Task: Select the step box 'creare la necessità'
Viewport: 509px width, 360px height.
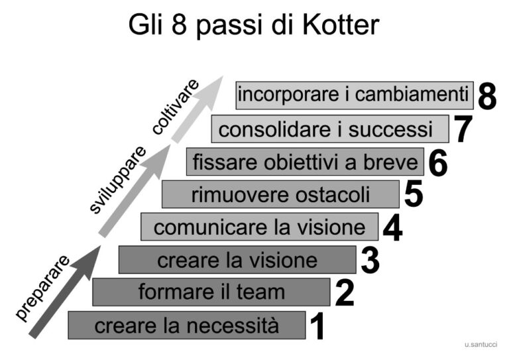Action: click(x=187, y=326)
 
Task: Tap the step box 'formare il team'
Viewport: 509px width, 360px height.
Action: click(x=211, y=292)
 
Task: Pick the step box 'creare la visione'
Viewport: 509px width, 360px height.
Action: click(x=237, y=259)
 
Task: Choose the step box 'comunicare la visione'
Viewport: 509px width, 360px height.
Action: click(x=259, y=227)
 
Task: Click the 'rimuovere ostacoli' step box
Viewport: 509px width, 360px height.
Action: click(x=280, y=194)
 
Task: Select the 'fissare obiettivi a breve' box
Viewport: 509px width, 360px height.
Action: click(x=305, y=162)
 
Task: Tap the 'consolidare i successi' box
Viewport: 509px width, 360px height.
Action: click(x=330, y=129)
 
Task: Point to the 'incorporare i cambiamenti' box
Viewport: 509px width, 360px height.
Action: click(x=355, y=95)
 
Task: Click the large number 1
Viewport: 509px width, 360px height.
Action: click(x=318, y=327)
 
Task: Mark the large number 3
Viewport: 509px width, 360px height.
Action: click(x=370, y=261)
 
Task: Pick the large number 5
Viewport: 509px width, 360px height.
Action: click(x=413, y=195)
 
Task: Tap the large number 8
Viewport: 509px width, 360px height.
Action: click(x=487, y=97)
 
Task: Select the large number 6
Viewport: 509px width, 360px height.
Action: click(x=438, y=163)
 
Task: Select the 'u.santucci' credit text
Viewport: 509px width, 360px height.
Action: click(x=481, y=345)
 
